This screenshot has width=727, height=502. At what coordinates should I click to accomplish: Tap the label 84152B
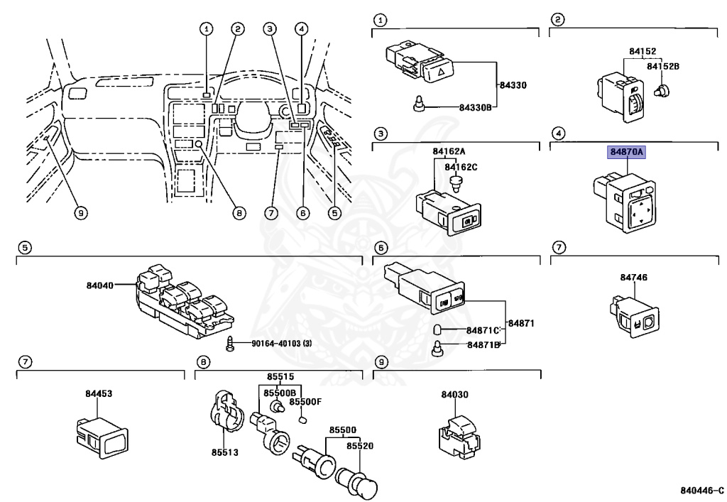point(662,65)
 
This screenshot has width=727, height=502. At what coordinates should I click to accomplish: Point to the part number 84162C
point(461,167)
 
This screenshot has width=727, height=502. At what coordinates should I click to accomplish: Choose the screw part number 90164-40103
point(282,344)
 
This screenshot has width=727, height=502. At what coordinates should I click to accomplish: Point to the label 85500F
point(308,401)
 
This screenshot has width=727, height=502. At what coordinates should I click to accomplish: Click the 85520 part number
point(360,446)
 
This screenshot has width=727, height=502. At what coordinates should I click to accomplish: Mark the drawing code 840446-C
point(701,490)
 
